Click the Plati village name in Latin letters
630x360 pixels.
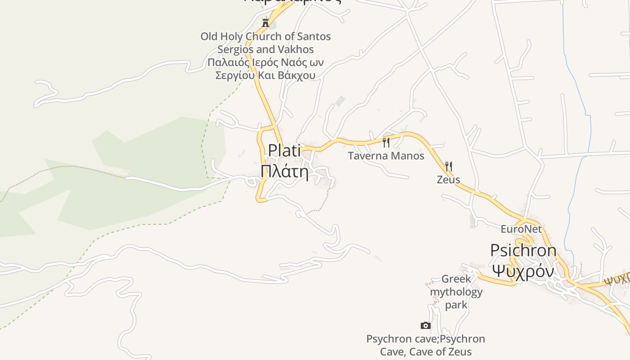pyautogui.click(x=284, y=150)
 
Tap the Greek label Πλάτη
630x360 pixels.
pyautogui.click(x=284, y=171)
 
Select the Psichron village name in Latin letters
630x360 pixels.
pyautogui.click(x=523, y=250)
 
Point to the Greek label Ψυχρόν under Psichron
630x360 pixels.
pyautogui.click(x=522, y=271)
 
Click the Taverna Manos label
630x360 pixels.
pyautogui.click(x=386, y=156)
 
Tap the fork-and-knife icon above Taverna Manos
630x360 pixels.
pyautogui.click(x=386, y=143)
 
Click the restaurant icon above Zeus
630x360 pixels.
pyautogui.click(x=448, y=166)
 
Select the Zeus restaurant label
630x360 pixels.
pyautogui.click(x=448, y=180)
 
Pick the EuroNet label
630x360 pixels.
pyautogui.click(x=521, y=229)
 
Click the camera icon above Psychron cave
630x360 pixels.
pyautogui.click(x=425, y=325)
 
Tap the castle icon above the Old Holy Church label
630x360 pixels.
pyautogui.click(x=265, y=22)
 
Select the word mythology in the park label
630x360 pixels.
pyautogui.click(x=456, y=292)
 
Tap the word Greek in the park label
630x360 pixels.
pyautogui.click(x=456, y=279)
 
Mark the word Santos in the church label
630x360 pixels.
pyautogui.click(x=314, y=36)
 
